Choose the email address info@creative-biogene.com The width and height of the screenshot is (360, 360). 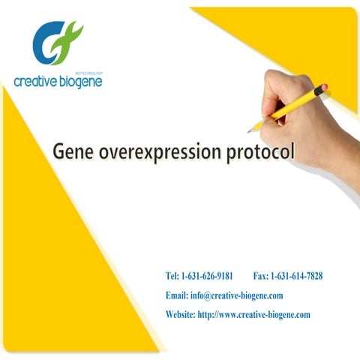[x=236, y=295]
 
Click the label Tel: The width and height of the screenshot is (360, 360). [x=172, y=276]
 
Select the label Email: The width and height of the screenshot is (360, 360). [x=177, y=295]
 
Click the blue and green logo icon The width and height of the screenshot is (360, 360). [x=56, y=43]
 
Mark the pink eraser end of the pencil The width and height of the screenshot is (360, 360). [x=323, y=88]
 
